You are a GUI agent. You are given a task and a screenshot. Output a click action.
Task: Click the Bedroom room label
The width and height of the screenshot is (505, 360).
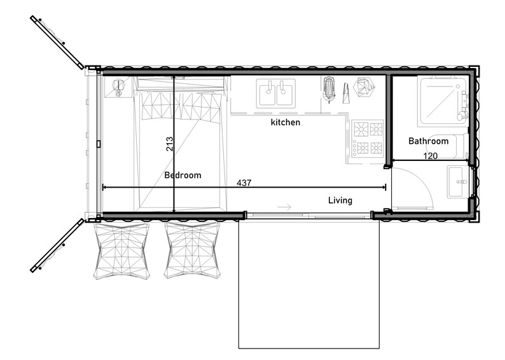tap(183, 175)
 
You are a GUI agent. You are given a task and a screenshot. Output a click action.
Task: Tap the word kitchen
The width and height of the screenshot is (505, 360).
tap(285, 122)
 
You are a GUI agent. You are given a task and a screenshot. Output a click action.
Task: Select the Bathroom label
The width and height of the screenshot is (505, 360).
tap(428, 141)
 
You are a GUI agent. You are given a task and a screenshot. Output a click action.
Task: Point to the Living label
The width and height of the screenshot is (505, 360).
tap(340, 200)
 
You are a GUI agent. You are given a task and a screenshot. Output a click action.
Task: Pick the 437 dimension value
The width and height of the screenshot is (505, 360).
tap(244, 183)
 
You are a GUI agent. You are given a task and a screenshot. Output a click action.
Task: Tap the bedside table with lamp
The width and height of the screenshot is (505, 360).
tap(118, 89)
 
